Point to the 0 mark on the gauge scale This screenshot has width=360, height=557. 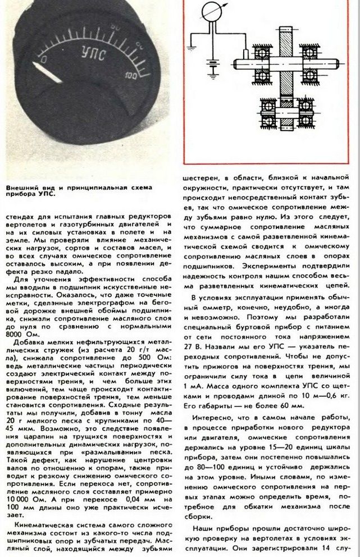click(x=44, y=58)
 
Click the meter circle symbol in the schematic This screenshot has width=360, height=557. click(x=211, y=11)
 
